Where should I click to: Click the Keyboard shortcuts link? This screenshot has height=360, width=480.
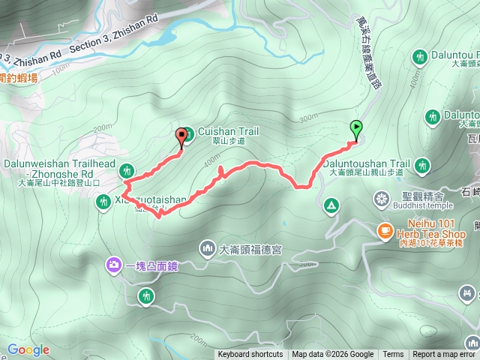(x=250, y=355)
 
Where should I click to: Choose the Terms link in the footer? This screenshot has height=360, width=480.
(x=393, y=355)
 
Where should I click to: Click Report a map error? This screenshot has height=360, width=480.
(x=444, y=355)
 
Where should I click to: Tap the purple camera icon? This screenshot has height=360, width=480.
(x=113, y=264)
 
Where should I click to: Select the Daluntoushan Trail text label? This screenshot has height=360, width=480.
(x=370, y=163)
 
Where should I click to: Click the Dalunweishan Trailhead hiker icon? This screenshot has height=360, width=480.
(x=127, y=171)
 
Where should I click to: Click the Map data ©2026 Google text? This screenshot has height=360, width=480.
(x=332, y=355)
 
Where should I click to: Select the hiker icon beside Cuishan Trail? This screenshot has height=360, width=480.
(x=187, y=135)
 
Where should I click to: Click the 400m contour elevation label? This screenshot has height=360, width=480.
(x=213, y=160)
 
